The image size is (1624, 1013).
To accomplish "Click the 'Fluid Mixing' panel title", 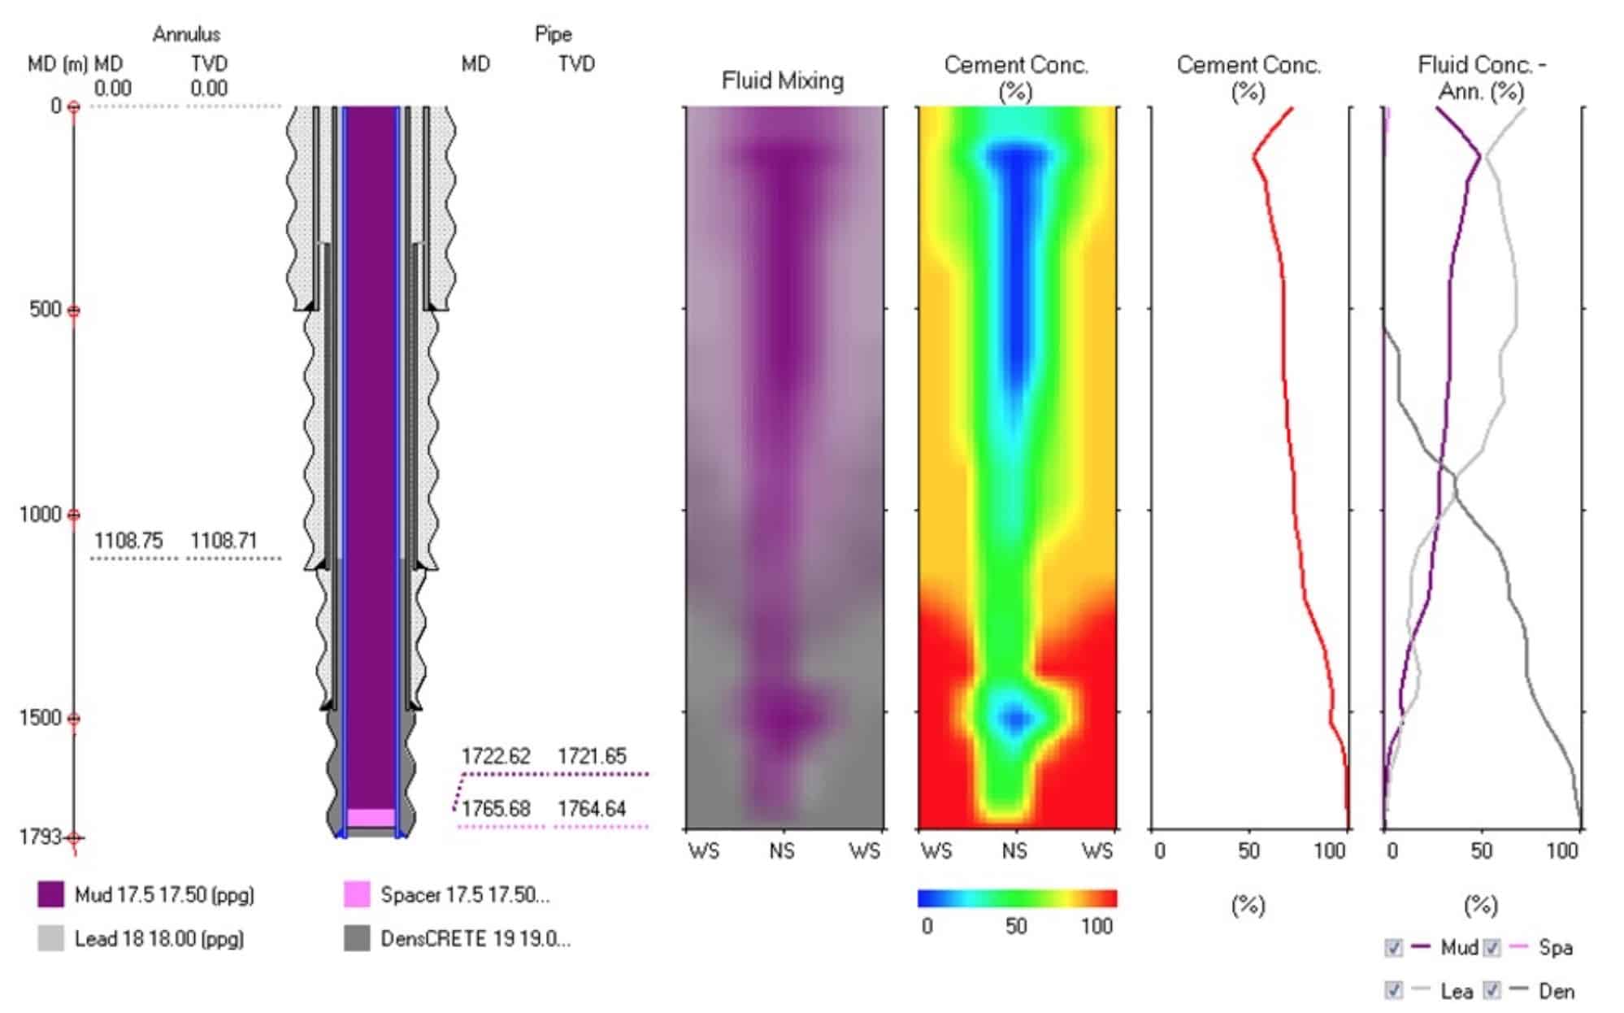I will tap(783, 80).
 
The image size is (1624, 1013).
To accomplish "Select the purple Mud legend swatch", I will tap(50, 894).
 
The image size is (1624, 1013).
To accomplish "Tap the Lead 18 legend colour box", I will tap(50, 938).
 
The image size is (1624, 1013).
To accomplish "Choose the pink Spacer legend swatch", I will tap(357, 894).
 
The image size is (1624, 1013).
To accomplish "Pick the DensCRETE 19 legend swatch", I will tap(357, 938).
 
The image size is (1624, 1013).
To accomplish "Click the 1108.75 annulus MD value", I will tap(128, 541).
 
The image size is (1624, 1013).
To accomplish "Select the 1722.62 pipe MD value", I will tap(496, 756).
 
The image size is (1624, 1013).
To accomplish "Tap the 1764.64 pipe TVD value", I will tap(592, 809).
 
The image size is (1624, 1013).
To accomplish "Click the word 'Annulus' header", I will tap(186, 34).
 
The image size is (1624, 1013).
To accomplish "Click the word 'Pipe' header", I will tap(553, 34).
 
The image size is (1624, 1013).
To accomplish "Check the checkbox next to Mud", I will tap(1393, 948).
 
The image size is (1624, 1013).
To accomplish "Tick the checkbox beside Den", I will tap(1492, 990).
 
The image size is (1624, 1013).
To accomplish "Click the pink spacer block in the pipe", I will tap(371, 817).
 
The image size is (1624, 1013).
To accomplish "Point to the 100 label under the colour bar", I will tap(1096, 926).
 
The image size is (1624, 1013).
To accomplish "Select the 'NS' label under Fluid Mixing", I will tap(782, 851).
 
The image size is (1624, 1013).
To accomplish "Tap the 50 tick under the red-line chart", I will tap(1248, 851).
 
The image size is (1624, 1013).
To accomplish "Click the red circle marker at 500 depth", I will tap(73, 311).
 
